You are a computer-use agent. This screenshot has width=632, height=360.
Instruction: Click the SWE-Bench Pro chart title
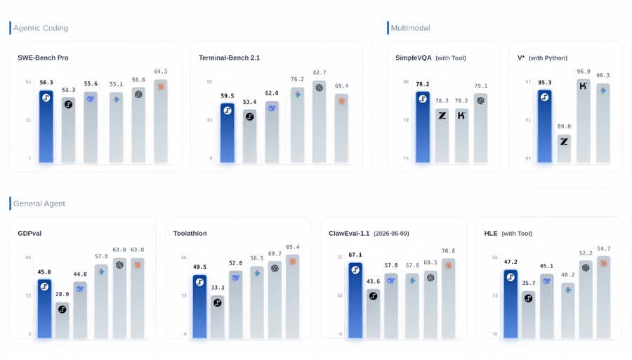[43, 58]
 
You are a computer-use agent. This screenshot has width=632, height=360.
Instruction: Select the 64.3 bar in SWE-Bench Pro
[161, 121]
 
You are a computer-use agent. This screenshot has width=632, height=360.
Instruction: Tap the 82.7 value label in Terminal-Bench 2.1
[320, 72]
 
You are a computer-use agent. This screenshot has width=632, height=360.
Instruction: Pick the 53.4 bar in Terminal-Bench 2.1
[249, 136]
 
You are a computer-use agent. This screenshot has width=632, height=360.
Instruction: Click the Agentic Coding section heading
[41, 28]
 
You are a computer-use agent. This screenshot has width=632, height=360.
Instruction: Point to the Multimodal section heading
[410, 28]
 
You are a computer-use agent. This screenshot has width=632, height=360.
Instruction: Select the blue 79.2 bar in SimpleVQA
[423, 127]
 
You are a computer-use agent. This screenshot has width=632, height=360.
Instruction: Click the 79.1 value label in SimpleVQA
[480, 86]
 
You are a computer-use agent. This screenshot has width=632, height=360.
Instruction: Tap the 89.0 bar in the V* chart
[564, 149]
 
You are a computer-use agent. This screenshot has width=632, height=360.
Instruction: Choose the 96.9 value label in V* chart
[584, 72]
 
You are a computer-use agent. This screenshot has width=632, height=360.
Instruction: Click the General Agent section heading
[39, 204]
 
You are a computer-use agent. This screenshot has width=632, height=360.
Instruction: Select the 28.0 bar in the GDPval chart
[62, 320]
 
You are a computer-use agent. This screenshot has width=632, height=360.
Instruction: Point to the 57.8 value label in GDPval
[101, 257]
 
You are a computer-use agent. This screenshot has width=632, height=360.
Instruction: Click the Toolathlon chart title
[190, 234]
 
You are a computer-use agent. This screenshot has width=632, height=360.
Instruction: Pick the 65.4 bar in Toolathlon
[293, 296]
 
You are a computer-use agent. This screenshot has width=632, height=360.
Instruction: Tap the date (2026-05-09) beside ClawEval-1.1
[391, 234]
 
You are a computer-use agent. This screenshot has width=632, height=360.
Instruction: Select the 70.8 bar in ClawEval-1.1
[448, 298]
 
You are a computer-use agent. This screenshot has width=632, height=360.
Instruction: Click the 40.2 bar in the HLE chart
[568, 310]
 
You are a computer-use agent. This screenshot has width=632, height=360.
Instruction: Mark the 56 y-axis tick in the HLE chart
[494, 258]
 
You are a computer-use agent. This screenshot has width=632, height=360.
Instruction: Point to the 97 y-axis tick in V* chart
[528, 81]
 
